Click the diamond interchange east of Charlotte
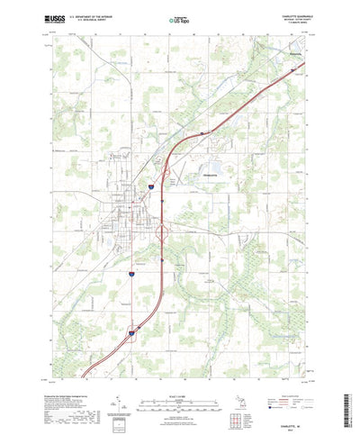pos(161,232)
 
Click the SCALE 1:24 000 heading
pos(179,368)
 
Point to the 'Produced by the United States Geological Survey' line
pos(59,369)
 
